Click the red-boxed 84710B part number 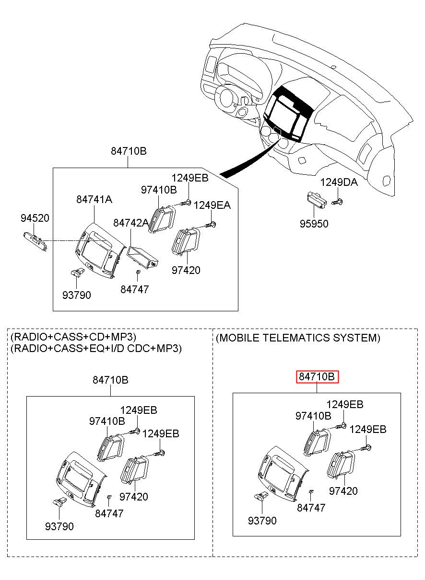[x=317, y=377]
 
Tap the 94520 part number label [x=35, y=218]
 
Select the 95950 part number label [x=314, y=224]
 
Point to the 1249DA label [x=339, y=182]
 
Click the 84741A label [x=94, y=199]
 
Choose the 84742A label [x=130, y=223]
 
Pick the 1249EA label [x=212, y=205]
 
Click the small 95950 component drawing [x=317, y=199]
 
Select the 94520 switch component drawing [x=35, y=240]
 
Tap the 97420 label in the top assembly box [x=186, y=270]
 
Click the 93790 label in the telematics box [x=262, y=520]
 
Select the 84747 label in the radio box [x=109, y=513]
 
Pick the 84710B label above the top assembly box [x=129, y=151]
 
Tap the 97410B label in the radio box [x=106, y=421]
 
